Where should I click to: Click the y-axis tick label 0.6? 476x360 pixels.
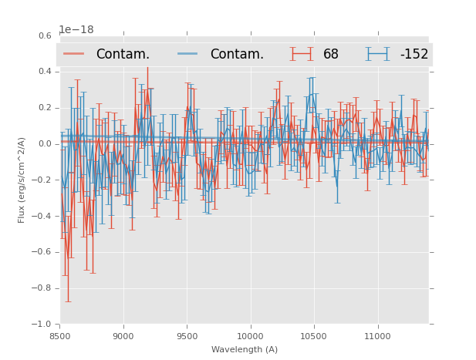(x=45, y=35)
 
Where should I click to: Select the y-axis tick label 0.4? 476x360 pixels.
(x=45, y=72)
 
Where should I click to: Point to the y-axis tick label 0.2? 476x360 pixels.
(x=45, y=108)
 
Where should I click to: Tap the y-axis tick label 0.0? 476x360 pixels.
(x=45, y=144)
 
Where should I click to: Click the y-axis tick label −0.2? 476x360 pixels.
(x=42, y=180)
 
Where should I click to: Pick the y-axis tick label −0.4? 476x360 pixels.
(x=42, y=217)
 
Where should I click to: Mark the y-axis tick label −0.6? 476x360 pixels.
(x=42, y=253)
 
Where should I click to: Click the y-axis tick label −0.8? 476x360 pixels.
(x=42, y=288)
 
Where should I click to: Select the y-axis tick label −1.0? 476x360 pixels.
(x=42, y=325)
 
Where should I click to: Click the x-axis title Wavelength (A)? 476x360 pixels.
(x=245, y=350)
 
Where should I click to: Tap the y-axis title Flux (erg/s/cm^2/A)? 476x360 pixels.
(x=22, y=180)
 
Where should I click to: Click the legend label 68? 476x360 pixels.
(x=331, y=55)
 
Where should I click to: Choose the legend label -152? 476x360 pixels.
(x=414, y=55)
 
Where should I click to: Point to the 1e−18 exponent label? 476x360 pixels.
(x=76, y=30)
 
